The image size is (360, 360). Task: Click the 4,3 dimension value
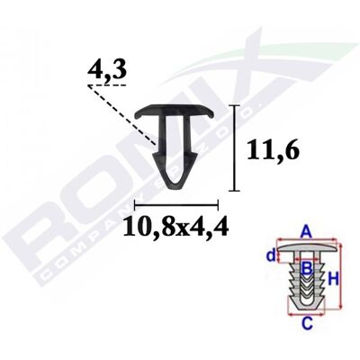[106, 71]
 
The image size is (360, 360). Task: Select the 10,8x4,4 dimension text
[176, 226]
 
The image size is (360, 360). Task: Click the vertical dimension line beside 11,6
[234, 148]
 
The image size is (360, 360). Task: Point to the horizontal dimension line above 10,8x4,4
[176, 205]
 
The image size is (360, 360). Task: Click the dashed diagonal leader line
[122, 115]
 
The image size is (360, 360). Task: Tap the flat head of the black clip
[175, 111]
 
